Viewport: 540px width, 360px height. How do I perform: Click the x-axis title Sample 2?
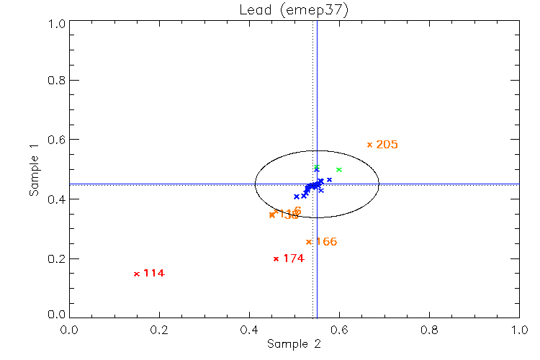[294, 344]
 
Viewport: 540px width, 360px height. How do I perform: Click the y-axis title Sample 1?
[34, 170]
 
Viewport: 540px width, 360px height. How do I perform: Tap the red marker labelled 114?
[136, 274]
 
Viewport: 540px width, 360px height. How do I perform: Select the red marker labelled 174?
[276, 258]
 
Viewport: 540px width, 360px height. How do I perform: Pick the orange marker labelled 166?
[309, 242]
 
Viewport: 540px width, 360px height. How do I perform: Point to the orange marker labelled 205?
[369, 145]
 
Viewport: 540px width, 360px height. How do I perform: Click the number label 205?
[387, 145]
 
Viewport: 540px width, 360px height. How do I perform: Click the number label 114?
[154, 274]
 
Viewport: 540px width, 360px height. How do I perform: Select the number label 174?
[294, 258]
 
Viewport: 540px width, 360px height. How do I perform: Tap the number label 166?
[326, 242]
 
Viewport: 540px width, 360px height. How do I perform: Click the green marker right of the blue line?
[339, 170]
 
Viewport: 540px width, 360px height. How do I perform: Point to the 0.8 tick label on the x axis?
[429, 330]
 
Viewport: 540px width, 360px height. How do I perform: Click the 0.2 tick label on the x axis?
[159, 330]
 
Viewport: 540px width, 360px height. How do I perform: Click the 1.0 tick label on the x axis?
[519, 330]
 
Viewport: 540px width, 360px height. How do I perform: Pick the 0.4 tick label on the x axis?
[249, 330]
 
